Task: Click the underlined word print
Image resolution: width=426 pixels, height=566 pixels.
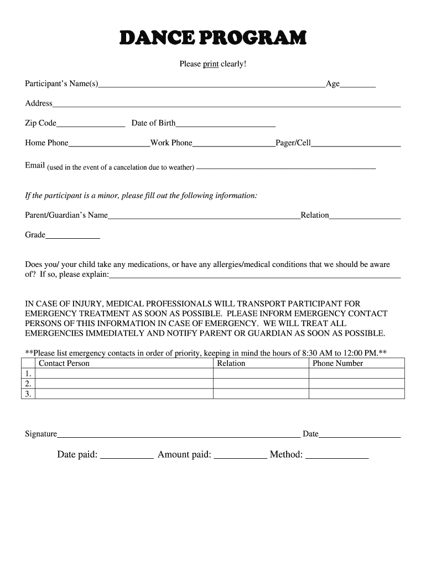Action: tap(211, 64)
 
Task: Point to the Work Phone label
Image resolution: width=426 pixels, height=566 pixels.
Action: tap(171, 143)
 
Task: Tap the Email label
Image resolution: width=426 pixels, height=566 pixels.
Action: tap(35, 166)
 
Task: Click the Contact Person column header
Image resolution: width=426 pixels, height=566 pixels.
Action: tap(64, 363)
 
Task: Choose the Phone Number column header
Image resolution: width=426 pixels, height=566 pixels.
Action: tap(338, 363)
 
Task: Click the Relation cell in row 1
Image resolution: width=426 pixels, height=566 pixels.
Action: tap(261, 374)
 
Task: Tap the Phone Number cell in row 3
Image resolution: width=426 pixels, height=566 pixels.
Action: tap(356, 394)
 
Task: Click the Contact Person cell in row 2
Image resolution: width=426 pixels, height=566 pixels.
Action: tap(124, 384)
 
